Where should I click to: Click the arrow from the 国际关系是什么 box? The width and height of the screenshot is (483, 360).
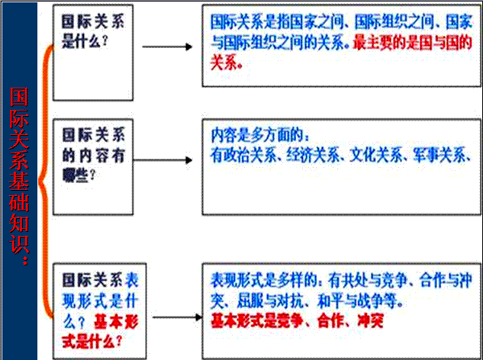(x=167, y=47)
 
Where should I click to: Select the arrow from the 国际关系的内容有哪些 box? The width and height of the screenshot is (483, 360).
(x=163, y=160)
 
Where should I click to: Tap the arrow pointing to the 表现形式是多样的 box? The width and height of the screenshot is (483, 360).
(x=178, y=317)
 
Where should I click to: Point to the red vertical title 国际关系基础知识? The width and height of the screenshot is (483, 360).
(x=19, y=175)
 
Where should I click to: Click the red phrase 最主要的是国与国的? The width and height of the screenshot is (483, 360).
(x=412, y=43)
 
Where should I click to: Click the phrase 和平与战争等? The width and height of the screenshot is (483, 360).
(x=356, y=301)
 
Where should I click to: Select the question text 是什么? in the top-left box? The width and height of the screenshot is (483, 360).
(x=85, y=41)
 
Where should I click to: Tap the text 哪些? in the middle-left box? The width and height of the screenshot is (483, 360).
(x=79, y=175)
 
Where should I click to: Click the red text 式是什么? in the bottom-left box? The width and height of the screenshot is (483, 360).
(x=92, y=341)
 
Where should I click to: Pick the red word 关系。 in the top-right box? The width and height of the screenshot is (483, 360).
(x=227, y=63)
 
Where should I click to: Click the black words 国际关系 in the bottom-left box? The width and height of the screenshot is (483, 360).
(x=92, y=280)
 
